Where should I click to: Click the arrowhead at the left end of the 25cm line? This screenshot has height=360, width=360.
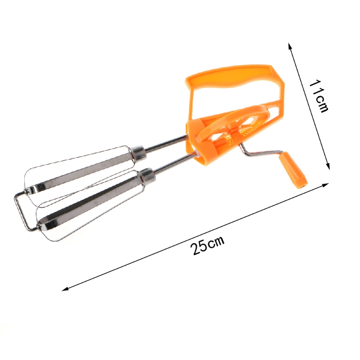64,289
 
